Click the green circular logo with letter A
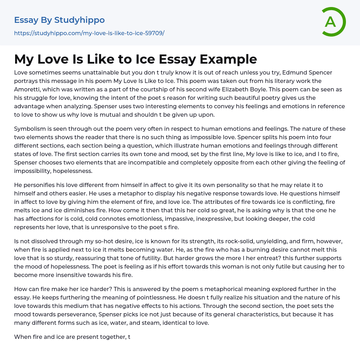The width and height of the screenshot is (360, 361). coord(333,22)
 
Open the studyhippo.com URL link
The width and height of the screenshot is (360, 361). coord(89,33)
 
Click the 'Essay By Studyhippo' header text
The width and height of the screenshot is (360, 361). coord(59,20)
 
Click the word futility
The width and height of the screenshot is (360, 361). coord(144,258)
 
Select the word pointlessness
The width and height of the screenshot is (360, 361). coord(133,297)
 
